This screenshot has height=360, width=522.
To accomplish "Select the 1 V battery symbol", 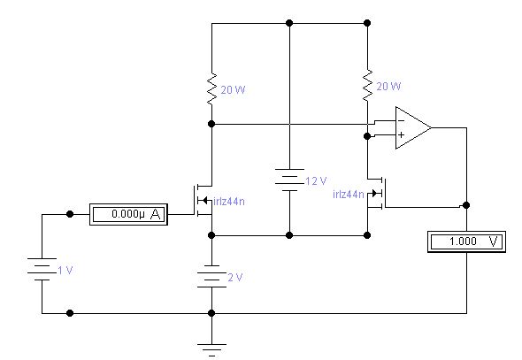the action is (x=42, y=269).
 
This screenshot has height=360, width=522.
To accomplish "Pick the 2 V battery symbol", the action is (x=211, y=276).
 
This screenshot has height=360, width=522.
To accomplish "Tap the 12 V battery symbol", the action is (x=289, y=180).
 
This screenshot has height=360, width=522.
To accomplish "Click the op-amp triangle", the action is (x=413, y=127).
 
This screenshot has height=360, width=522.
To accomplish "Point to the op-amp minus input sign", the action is (x=401, y=120).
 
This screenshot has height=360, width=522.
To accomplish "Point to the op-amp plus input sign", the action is (x=401, y=134).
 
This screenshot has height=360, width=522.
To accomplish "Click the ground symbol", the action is (x=211, y=350).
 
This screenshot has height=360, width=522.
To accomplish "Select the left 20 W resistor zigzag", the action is (x=211, y=89).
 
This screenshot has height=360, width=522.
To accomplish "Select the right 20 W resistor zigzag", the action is (x=367, y=86).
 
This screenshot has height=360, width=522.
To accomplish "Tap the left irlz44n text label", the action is (x=229, y=202).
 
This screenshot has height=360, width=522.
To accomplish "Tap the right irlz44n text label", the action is (x=349, y=195).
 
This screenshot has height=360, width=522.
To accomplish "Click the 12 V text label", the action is (x=316, y=181).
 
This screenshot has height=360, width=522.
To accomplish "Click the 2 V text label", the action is (x=235, y=278).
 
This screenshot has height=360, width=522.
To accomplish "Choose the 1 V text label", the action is (x=65, y=270).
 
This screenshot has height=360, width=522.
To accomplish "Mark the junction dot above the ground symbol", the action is (x=211, y=313).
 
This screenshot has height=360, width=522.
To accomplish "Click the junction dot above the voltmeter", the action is (x=466, y=205).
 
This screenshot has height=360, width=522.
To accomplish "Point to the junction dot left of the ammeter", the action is (x=70, y=214).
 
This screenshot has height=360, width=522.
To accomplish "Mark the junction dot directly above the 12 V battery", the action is (x=289, y=23).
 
